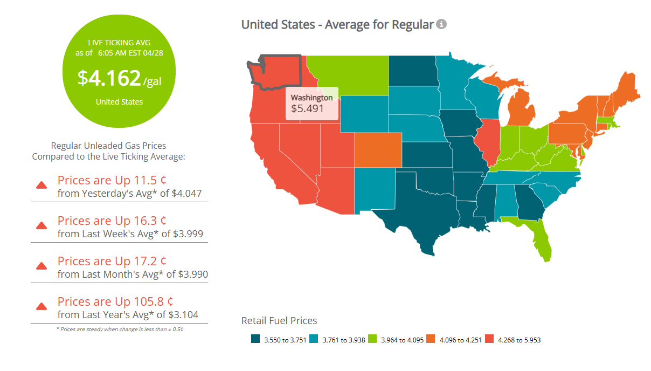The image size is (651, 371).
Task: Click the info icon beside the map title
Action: tap(441, 24)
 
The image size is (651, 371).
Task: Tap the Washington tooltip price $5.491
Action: tap(307, 108)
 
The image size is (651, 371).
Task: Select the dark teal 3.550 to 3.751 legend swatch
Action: tap(256, 339)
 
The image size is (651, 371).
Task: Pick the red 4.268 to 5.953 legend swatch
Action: tap(489, 339)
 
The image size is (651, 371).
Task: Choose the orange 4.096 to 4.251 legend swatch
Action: tap(431, 339)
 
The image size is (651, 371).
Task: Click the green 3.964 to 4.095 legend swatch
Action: tap(372, 339)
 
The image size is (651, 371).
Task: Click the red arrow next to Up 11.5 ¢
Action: tap(41, 185)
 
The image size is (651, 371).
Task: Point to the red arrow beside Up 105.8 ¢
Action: tap(41, 306)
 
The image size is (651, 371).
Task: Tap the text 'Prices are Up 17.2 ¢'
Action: tap(112, 262)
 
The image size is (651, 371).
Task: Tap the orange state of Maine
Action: tap(626, 89)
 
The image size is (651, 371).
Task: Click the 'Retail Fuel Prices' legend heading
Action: tap(279, 321)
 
